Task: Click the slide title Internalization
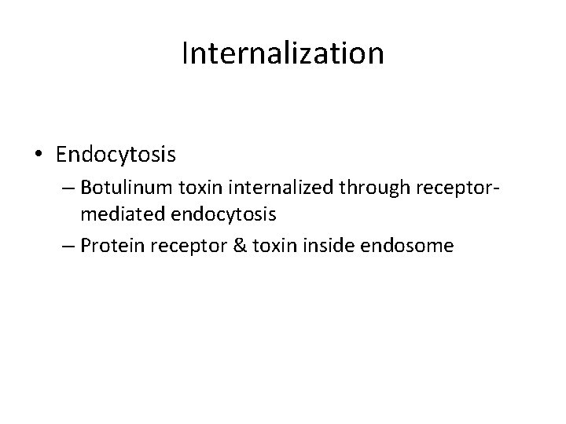coord(282,54)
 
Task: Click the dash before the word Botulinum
coord(64,189)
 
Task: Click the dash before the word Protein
coord(64,245)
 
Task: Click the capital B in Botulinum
coord(85,189)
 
